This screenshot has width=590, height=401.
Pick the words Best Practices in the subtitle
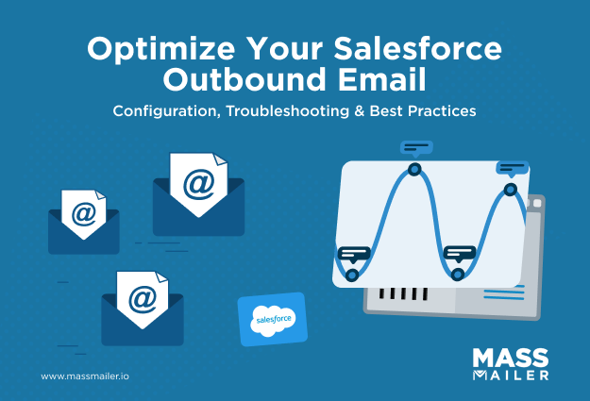[422, 111]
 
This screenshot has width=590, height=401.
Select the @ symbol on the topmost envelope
[198, 183]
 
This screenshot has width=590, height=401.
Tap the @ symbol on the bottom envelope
[142, 297]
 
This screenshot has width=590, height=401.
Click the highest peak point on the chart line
[413, 169]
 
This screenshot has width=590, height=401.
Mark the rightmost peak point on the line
[511, 190]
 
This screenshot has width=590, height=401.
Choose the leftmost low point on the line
[352, 275]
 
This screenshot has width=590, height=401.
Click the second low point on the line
[458, 275]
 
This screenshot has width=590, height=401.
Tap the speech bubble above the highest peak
[415, 147]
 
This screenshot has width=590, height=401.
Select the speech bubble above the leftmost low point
[354, 253]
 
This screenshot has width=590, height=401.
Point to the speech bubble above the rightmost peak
[511, 169]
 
